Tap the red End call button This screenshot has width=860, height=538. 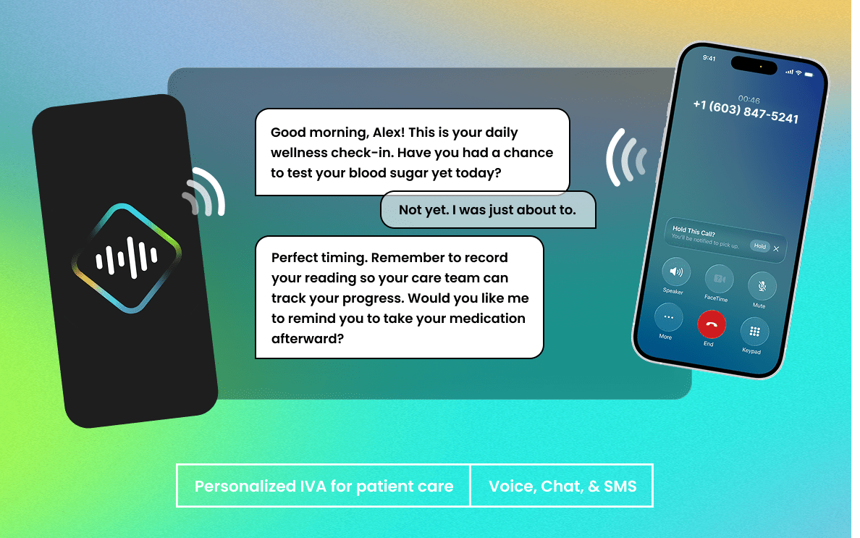coord(710,326)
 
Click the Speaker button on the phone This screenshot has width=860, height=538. coord(675,273)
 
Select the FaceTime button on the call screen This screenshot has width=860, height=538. coord(718,279)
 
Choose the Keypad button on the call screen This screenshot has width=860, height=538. coord(754,332)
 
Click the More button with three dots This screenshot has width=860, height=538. coord(667,318)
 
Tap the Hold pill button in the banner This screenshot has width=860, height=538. coord(759,246)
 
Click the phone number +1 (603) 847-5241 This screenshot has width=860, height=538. coord(746,112)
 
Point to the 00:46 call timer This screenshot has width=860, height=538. coord(749,99)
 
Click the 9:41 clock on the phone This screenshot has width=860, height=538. coord(709,58)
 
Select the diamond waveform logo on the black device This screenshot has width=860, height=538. coord(127,258)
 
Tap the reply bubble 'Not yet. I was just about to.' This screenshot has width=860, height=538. coord(487,210)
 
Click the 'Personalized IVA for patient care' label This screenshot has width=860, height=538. coord(324,486)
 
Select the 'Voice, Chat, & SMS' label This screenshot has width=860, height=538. coord(562,486)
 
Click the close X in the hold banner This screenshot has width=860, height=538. coord(776,248)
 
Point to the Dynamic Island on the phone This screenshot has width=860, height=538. coord(754,65)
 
